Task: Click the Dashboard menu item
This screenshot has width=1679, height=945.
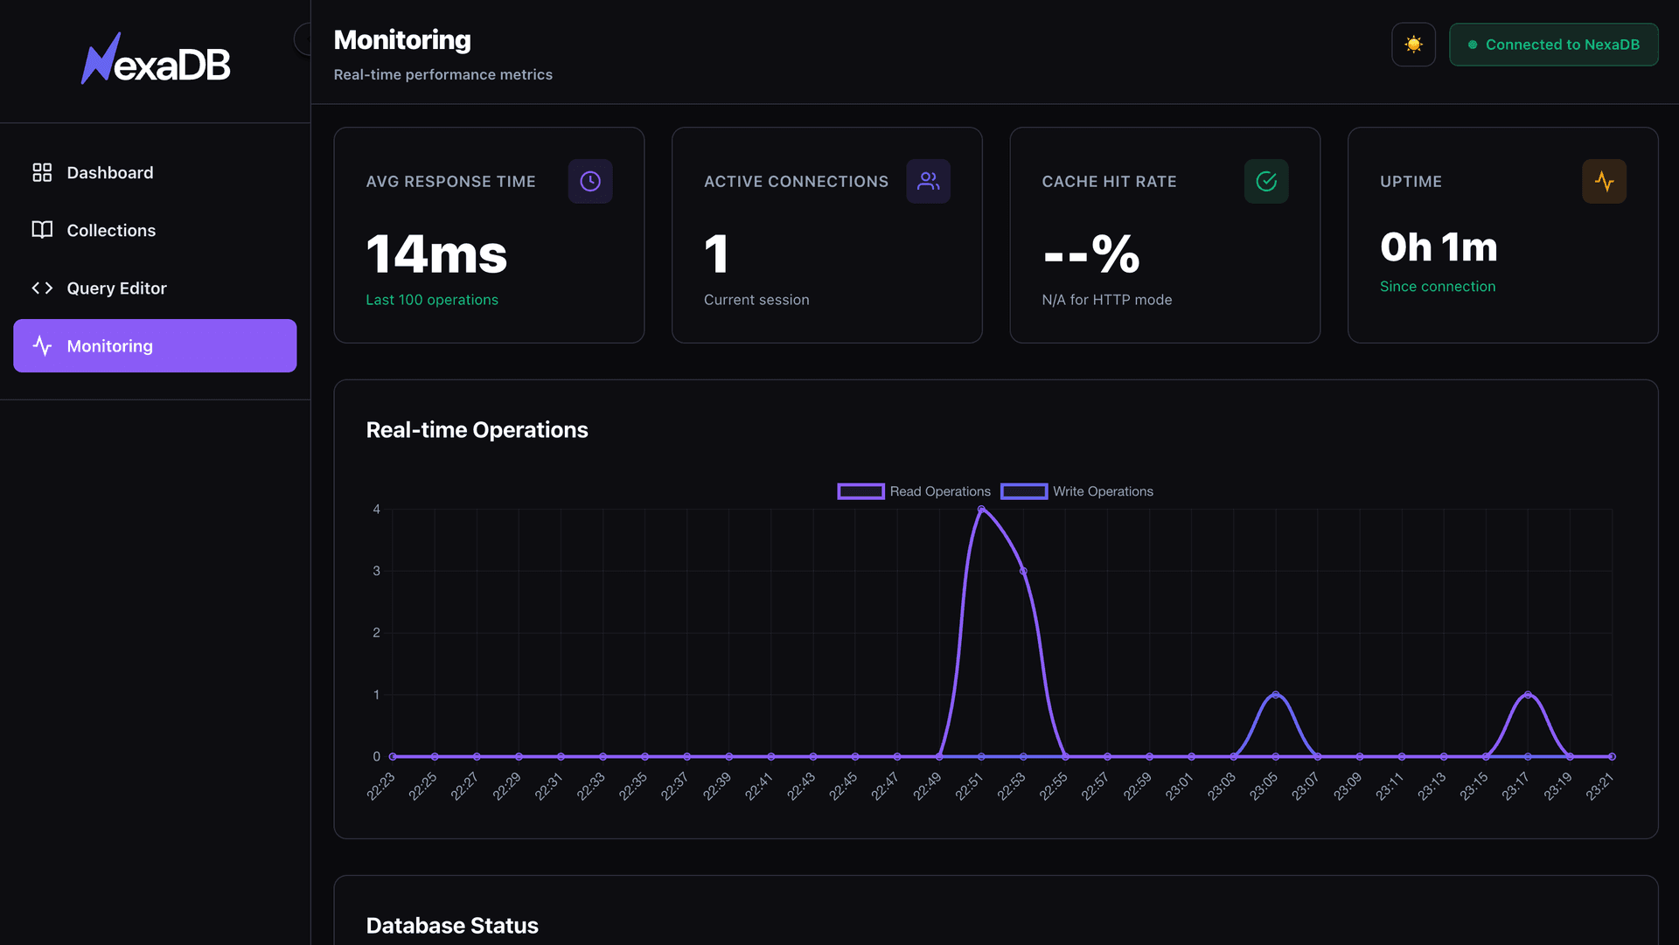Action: coord(109,173)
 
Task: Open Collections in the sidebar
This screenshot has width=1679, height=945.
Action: coord(111,231)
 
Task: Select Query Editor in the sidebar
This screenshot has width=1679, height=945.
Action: coord(116,288)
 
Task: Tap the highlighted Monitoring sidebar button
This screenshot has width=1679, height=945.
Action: coord(155,346)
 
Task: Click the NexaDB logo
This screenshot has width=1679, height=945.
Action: coord(156,60)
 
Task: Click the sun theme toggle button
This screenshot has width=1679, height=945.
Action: coord(1413,45)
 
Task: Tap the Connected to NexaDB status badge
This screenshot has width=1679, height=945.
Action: coord(1553,45)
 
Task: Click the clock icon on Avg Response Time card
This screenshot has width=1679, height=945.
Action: coord(590,181)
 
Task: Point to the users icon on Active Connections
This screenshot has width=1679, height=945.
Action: coord(928,181)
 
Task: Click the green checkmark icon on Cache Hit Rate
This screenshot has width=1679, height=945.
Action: coord(1265,181)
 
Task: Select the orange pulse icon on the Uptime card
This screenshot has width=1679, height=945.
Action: coord(1604,181)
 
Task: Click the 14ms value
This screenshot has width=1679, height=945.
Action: coord(436,254)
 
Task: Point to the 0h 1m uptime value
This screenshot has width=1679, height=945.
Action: coord(1439,247)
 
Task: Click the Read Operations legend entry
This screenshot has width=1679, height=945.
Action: coord(914,491)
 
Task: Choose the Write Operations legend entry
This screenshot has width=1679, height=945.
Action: coord(1077,491)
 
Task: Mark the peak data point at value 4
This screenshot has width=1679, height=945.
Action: coord(981,509)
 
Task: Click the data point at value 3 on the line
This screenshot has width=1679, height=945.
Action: coord(1023,571)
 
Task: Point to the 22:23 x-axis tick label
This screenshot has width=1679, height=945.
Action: coord(381,786)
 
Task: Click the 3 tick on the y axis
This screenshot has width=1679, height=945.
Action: coord(377,571)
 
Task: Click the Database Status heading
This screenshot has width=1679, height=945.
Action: coord(452,926)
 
